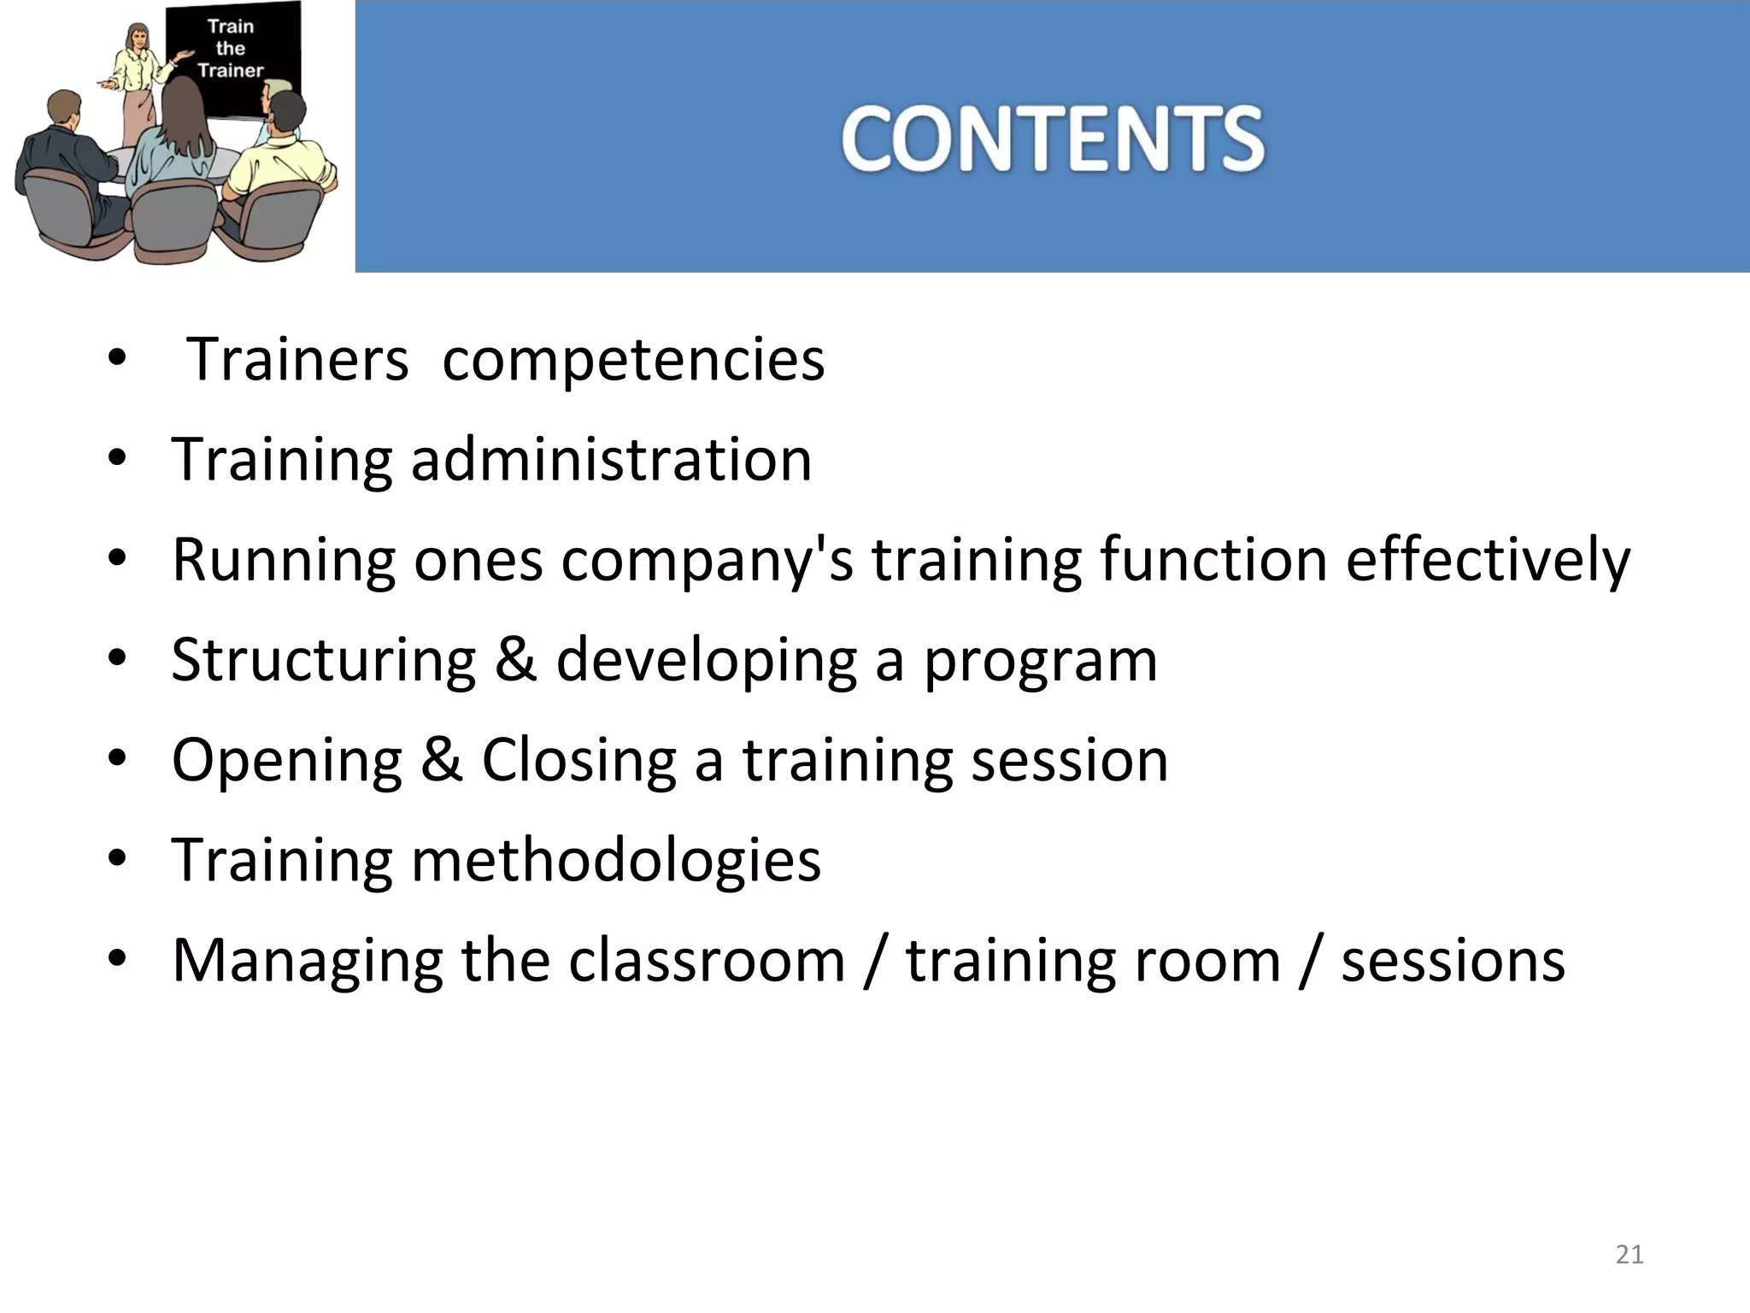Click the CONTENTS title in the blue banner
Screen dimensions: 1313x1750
coord(1052,138)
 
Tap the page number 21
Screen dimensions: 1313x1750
coord(1630,1254)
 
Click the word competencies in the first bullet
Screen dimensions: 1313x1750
coord(633,360)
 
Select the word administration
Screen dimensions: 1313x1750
coord(611,460)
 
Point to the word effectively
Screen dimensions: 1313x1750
coord(1488,560)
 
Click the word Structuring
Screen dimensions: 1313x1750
coord(323,660)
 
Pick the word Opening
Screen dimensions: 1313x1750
coord(286,760)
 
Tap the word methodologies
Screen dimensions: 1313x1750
coord(615,860)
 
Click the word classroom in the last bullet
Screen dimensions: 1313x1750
coord(706,960)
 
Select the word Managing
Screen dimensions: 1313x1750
coord(307,960)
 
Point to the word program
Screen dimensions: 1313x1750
coord(1040,660)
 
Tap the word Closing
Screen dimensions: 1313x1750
coord(578,760)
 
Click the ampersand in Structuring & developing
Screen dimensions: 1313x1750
coord(515,660)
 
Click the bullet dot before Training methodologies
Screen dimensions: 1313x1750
coord(117,858)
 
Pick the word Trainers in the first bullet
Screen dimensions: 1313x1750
coord(297,360)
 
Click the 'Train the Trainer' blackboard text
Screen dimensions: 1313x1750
coord(231,49)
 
